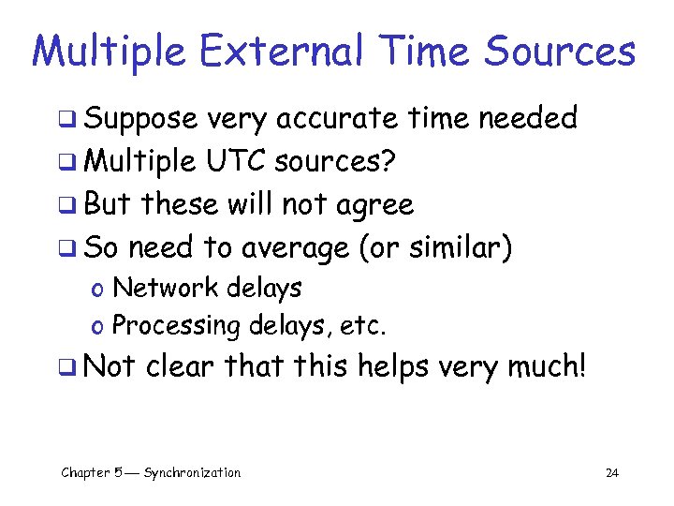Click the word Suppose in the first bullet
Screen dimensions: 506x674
pos(140,119)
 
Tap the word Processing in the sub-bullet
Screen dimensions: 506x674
pos(176,325)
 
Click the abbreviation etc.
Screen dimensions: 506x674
pos(366,325)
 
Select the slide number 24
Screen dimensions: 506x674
pos(611,473)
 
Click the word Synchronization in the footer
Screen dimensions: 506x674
pos(191,472)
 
